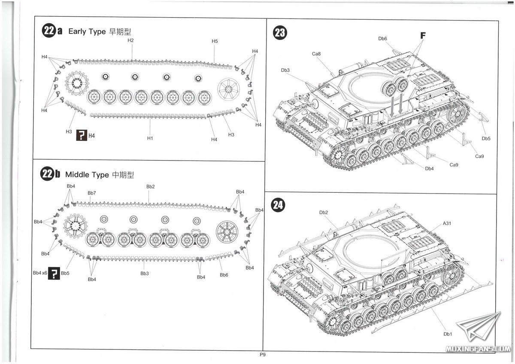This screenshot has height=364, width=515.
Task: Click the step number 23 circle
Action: [280, 33]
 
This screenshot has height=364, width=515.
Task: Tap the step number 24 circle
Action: [278, 205]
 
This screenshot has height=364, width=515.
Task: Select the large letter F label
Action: [423, 36]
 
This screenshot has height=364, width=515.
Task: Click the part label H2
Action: [131, 40]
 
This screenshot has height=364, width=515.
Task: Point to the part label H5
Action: [215, 41]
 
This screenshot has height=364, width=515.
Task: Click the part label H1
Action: [150, 138]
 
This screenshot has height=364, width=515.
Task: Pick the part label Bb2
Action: [150, 186]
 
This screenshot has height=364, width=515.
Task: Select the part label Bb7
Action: [92, 193]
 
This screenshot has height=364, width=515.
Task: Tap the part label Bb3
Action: [145, 273]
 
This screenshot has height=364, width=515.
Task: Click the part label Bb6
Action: [224, 275]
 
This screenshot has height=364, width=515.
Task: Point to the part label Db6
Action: [383, 39]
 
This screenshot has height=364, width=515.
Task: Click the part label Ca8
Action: [316, 54]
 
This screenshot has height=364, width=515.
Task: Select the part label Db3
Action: [285, 70]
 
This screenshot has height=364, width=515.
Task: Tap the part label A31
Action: [447, 223]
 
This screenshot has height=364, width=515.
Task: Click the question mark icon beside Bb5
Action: [54, 273]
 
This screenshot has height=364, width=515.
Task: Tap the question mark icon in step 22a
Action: [81, 136]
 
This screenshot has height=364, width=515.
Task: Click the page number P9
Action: [263, 355]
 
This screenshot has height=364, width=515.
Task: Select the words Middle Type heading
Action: [88, 175]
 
